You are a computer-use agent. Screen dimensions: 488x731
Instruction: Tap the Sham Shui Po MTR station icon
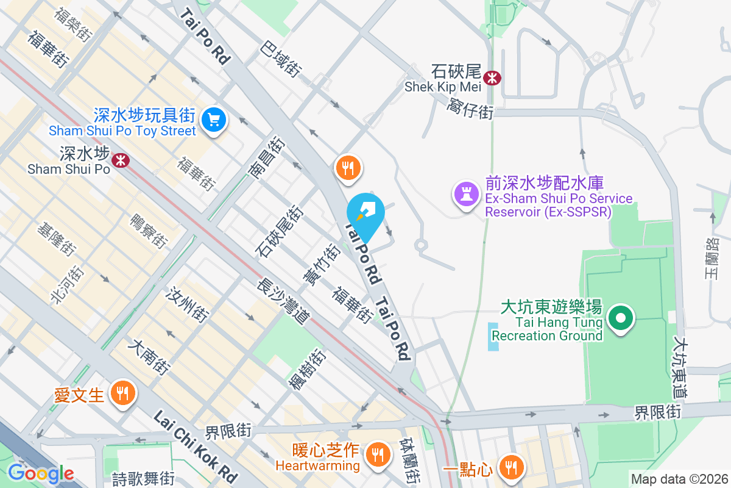121,160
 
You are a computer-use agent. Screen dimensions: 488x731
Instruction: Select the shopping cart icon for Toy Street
213,119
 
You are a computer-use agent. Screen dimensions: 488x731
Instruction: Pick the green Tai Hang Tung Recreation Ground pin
621,318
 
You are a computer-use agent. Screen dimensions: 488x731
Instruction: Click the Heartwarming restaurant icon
378,454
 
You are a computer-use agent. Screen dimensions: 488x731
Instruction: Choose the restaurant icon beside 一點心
510,467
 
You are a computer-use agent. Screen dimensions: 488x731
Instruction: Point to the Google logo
40,473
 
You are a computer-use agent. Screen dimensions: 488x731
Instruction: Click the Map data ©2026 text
679,479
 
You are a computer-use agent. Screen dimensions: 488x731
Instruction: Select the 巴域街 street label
281,59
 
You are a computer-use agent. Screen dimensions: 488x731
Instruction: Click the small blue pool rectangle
493,337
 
